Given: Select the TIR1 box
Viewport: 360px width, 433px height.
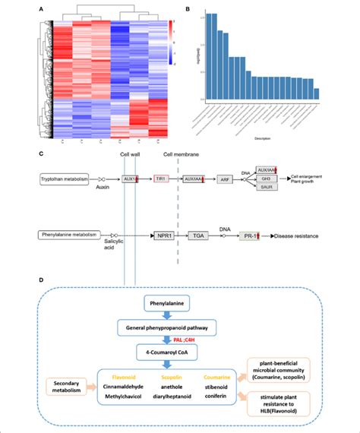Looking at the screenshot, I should pos(160,179).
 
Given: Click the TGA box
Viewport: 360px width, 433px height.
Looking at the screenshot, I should pos(199,236).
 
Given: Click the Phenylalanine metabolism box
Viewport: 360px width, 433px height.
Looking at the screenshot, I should pos(69,235).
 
